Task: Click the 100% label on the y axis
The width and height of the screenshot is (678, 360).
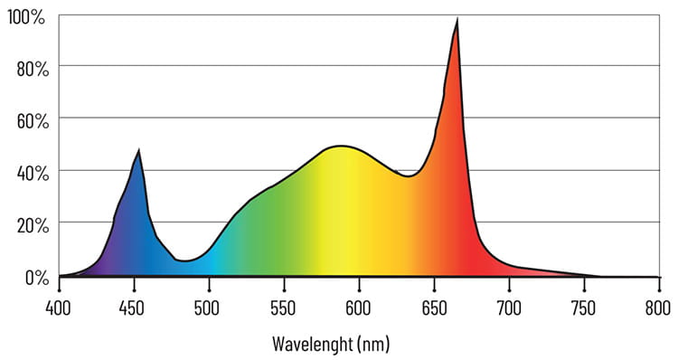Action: pyautogui.click(x=26, y=15)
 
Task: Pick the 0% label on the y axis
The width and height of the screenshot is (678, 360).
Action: pyautogui.click(x=33, y=275)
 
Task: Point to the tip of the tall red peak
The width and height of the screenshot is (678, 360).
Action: pyautogui.click(x=457, y=20)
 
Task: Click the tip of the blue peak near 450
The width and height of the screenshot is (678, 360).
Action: pyautogui.click(x=138, y=150)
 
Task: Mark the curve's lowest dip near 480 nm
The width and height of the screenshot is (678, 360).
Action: pyautogui.click(x=183, y=261)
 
